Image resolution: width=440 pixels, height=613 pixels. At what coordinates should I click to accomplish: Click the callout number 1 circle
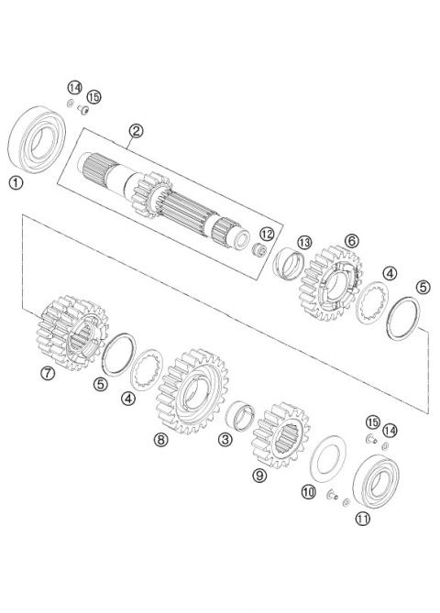[x=16, y=182]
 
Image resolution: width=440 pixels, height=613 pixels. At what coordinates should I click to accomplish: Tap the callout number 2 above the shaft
[x=136, y=131]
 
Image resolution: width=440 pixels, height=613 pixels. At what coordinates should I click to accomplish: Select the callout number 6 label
[x=351, y=240]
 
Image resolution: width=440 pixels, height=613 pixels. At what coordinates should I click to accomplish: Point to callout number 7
[x=48, y=372]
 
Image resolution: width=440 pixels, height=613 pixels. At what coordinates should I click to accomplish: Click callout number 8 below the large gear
[x=161, y=440]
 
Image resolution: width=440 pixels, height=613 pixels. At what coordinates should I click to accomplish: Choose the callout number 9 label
[x=259, y=475]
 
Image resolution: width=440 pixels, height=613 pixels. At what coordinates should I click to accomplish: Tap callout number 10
[x=308, y=491]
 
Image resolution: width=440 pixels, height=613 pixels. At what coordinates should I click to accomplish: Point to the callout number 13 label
[x=304, y=243]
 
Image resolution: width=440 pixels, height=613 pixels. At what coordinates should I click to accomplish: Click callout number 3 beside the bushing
[x=225, y=440]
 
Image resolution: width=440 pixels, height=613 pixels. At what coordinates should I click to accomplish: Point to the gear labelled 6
[x=327, y=284]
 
